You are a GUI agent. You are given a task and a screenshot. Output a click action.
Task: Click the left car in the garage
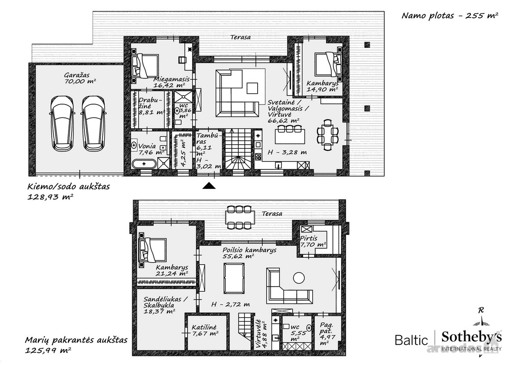pyautogui.click(x=62, y=124)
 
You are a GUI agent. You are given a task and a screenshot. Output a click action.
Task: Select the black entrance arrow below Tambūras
pyautogui.click(x=209, y=186)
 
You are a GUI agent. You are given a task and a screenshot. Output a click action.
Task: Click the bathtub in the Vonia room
pyautogui.click(x=143, y=164)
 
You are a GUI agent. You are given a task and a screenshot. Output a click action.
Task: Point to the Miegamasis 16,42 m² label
pyautogui.click(x=171, y=82)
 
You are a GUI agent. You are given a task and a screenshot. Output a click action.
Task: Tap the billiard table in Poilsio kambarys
pyautogui.click(x=234, y=278)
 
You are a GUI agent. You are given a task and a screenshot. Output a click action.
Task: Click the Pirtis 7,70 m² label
pyautogui.click(x=313, y=241)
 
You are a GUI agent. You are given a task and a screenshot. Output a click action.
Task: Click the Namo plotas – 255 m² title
pyautogui.click(x=450, y=15)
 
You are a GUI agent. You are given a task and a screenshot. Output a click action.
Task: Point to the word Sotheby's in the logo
pyautogui.click(x=471, y=337)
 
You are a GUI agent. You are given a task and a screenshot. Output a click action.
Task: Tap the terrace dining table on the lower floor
pyautogui.click(x=240, y=217)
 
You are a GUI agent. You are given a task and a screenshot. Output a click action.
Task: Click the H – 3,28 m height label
pyautogui.click(x=287, y=152)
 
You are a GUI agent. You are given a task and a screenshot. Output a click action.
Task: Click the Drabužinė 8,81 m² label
pyautogui.click(x=151, y=106)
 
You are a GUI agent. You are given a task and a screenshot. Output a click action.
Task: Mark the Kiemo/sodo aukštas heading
pyautogui.click(x=69, y=186)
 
